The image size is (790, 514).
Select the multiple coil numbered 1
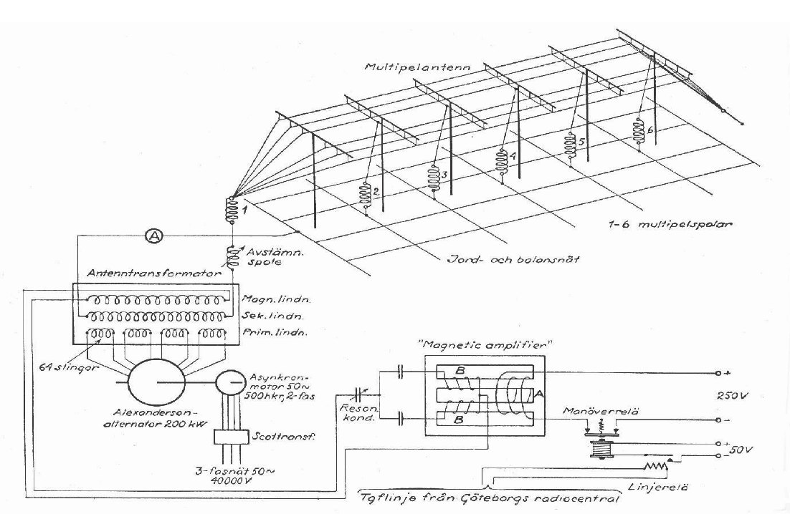tap(232, 210)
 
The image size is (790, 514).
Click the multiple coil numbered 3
tap(433, 177)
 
